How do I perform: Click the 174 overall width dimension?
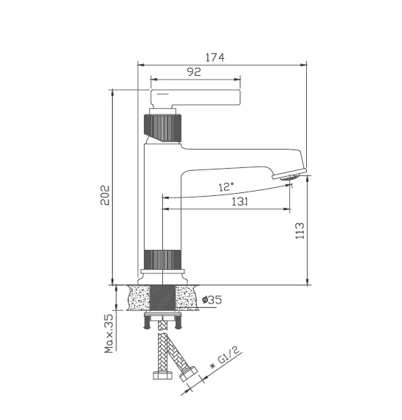click(x=215, y=57)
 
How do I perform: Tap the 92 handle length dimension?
click(x=194, y=71)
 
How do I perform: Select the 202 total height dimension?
click(x=105, y=195)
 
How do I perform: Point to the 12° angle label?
click(x=226, y=186)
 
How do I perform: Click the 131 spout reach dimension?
click(x=240, y=201)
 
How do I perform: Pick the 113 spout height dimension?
click(x=299, y=231)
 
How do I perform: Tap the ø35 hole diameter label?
click(x=212, y=300)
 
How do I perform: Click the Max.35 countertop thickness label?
click(x=109, y=333)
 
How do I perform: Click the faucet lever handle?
click(x=195, y=98)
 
